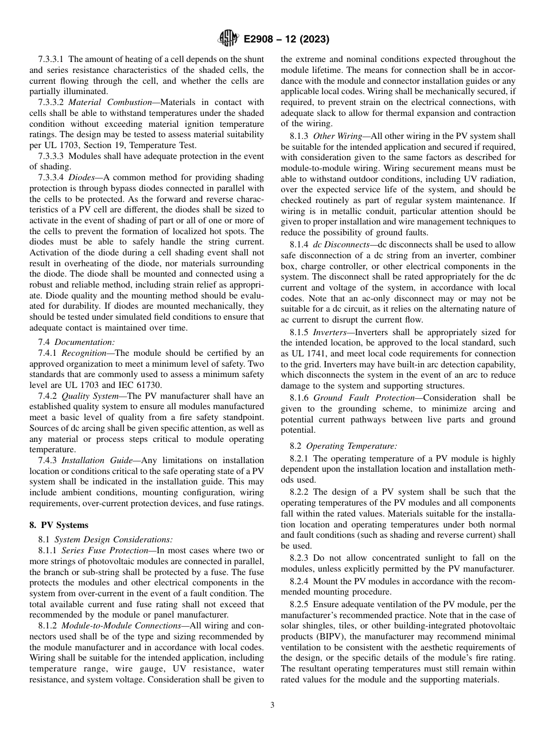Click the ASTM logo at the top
[x=228, y=40]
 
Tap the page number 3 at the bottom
[x=272, y=705]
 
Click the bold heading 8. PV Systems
[x=59, y=525]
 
